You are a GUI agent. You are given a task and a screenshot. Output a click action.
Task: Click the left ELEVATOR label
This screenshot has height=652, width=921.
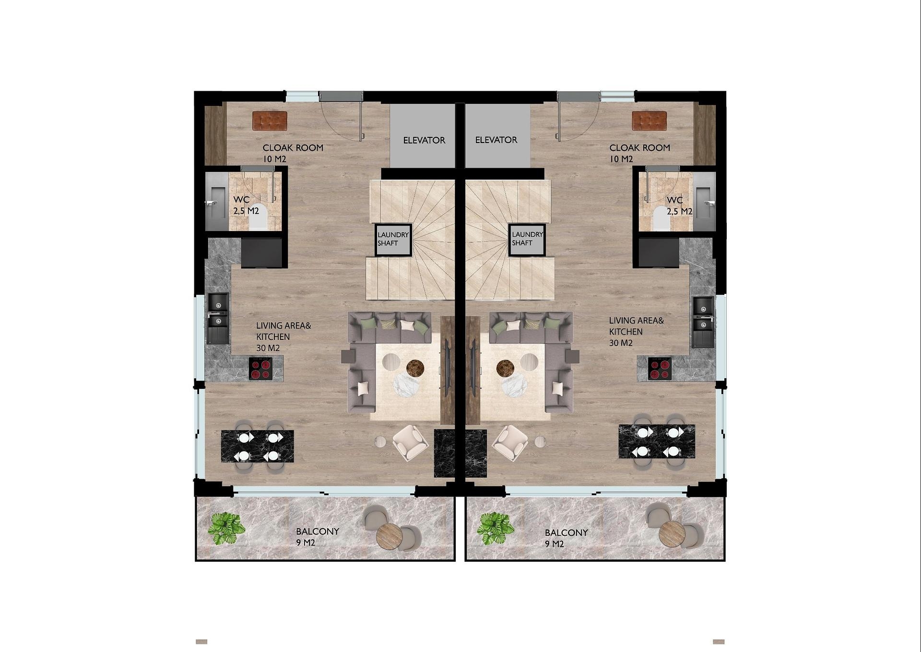[x=424, y=140]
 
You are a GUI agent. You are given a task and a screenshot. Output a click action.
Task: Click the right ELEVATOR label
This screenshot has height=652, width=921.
[x=496, y=140]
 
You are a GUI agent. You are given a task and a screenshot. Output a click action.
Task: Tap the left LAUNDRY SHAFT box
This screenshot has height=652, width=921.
[x=393, y=240]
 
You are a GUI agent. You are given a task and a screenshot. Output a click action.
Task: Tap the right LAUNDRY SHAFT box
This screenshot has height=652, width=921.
[x=527, y=240]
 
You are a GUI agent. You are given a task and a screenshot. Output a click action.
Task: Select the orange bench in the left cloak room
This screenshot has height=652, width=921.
[x=270, y=121]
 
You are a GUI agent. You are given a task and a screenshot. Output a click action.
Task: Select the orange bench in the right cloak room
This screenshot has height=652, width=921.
[x=649, y=121]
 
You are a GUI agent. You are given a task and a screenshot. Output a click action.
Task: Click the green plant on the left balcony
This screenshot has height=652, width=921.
[x=226, y=528]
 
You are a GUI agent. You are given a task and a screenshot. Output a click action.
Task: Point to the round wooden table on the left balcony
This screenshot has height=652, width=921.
[x=390, y=537]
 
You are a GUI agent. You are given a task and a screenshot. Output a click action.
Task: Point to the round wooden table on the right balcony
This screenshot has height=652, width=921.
[x=672, y=534]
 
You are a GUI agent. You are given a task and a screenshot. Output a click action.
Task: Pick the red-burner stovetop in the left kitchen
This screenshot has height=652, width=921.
[x=260, y=369]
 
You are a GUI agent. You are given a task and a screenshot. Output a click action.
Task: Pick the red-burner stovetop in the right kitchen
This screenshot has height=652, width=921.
[x=660, y=369]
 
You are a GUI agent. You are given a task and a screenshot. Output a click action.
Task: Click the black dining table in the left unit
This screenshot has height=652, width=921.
[x=258, y=446]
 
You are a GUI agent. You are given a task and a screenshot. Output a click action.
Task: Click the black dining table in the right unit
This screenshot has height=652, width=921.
[x=657, y=441]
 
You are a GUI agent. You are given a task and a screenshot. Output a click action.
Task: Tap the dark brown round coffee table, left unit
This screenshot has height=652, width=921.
[x=415, y=368]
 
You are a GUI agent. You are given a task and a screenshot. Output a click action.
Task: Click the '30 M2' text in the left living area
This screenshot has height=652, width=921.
[x=268, y=348]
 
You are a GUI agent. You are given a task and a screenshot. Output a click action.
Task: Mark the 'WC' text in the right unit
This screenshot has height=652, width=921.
[x=674, y=200]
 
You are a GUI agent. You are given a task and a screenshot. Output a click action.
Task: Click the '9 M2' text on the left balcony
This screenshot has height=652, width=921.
[x=306, y=543]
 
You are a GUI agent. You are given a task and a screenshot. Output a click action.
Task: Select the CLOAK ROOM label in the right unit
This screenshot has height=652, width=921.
[x=639, y=147]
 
